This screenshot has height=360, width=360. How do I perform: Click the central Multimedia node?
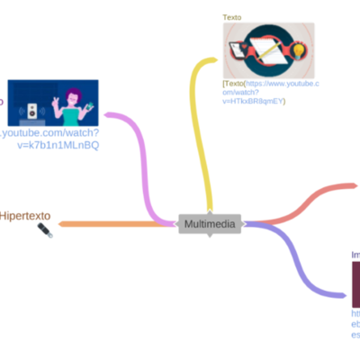(211, 223)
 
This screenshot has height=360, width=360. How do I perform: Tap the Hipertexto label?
(26, 217)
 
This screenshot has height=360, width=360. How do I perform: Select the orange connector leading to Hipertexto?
(108, 223)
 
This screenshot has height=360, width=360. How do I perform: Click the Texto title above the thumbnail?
(233, 17)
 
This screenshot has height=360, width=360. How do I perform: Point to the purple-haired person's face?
(73, 97)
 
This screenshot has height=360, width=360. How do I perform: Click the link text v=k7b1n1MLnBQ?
(58, 145)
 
